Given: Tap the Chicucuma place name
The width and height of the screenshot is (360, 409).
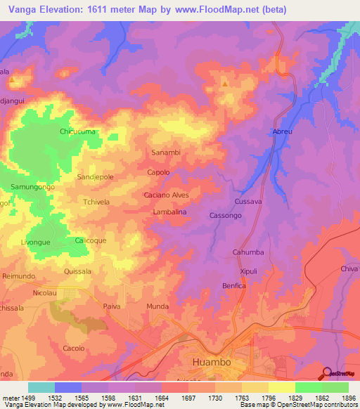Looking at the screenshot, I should coord(77,131).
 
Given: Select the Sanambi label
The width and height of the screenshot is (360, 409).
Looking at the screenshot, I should coord(166,152).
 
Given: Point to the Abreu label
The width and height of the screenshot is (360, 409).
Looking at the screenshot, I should coord(282,131).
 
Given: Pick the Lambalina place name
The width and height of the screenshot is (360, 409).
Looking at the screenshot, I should coord(169,211).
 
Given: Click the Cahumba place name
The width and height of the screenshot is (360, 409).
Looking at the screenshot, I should coord(247,252).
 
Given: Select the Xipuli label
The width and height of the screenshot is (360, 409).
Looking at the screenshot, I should coord(250,270).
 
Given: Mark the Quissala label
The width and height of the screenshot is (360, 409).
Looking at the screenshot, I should coord(78,271).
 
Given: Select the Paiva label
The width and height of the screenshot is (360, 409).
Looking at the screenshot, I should coord(112,307).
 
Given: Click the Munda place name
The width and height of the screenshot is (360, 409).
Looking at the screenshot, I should coord(157,307).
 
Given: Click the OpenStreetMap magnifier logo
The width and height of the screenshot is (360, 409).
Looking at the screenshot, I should coord(326,373).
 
